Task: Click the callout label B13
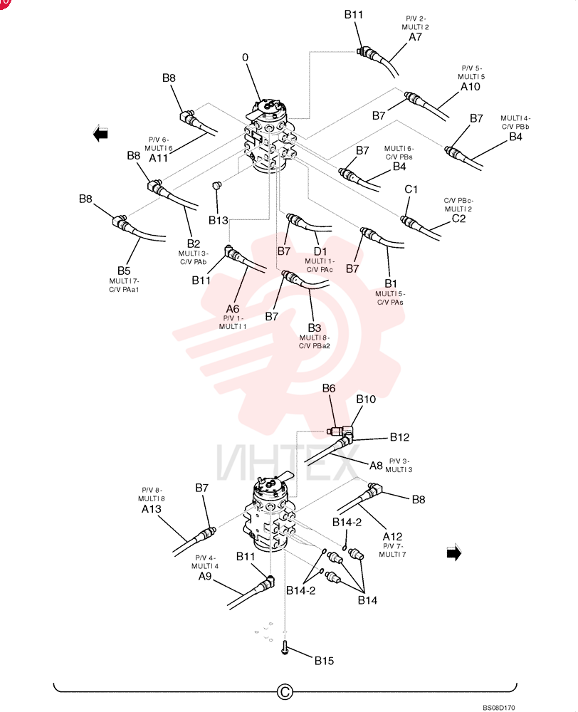pyautogui.click(x=218, y=220)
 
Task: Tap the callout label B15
pyautogui.click(x=324, y=661)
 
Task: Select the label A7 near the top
pyautogui.click(x=416, y=37)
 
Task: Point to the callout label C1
pyautogui.click(x=411, y=189)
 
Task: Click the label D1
pyautogui.click(x=320, y=251)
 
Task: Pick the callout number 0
pyautogui.click(x=245, y=57)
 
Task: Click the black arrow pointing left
pyautogui.click(x=100, y=134)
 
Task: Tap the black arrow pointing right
pyautogui.click(x=454, y=553)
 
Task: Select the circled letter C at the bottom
pyautogui.click(x=285, y=691)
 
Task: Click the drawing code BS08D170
pyautogui.click(x=498, y=708)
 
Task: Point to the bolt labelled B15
pyautogui.click(x=285, y=648)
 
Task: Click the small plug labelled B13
pyautogui.click(x=217, y=185)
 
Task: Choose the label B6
pyautogui.click(x=329, y=388)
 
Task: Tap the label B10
pyautogui.click(x=366, y=399)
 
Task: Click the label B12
pyautogui.click(x=399, y=437)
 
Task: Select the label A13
pyautogui.click(x=151, y=509)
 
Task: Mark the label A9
pyautogui.click(x=205, y=576)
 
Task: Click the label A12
pyautogui.click(x=392, y=537)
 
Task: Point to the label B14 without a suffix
pyautogui.click(x=367, y=600)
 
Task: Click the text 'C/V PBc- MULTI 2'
pyautogui.click(x=458, y=205)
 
